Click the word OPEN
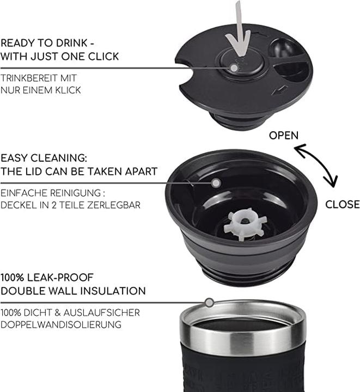[284, 136]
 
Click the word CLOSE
[343, 204]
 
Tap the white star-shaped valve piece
[245, 224]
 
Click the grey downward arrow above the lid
[239, 30]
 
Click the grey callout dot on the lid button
[234, 68]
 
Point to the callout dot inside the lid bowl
[216, 183]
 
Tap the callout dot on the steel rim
[209, 303]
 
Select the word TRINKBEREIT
[29, 78]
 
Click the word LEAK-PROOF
[60, 278]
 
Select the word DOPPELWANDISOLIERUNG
[61, 324]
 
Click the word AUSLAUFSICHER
[101, 313]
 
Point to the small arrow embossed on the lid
[279, 90]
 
